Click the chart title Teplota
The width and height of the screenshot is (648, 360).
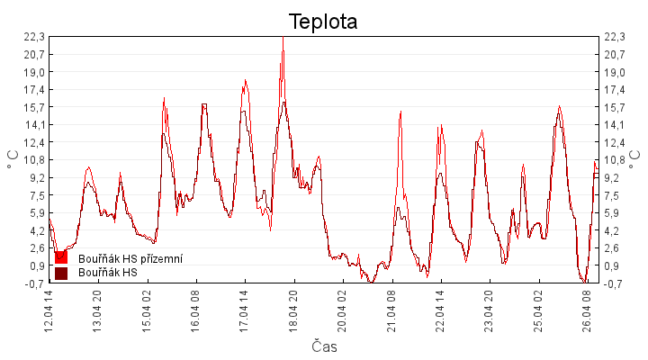pos(323,22)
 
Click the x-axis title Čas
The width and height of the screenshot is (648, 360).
pos(324,346)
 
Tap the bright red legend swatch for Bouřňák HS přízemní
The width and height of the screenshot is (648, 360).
pos(61,258)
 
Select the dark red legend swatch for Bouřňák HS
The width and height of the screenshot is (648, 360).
pos(61,273)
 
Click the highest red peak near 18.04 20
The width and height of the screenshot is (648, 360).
pos(283,38)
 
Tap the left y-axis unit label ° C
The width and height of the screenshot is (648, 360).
pos(13,160)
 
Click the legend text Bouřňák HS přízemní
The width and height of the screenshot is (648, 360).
pos(130,258)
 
